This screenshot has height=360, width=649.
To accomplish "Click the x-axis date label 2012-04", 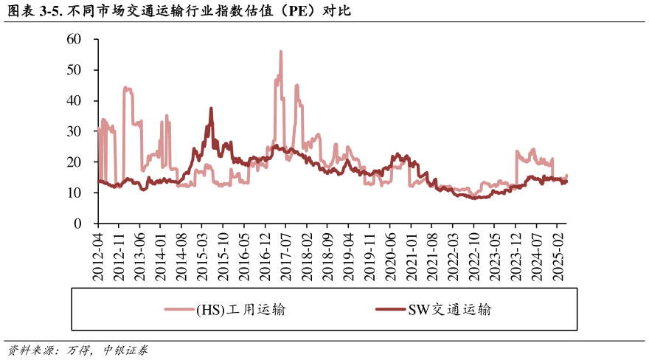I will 98,255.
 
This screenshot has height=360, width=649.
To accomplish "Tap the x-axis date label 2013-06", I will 140,255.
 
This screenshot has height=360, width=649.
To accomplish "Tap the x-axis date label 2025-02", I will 560,255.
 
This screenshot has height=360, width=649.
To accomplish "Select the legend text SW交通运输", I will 449,310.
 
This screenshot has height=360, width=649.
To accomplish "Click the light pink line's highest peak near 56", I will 281,52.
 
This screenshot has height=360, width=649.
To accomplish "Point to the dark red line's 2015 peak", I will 211,108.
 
